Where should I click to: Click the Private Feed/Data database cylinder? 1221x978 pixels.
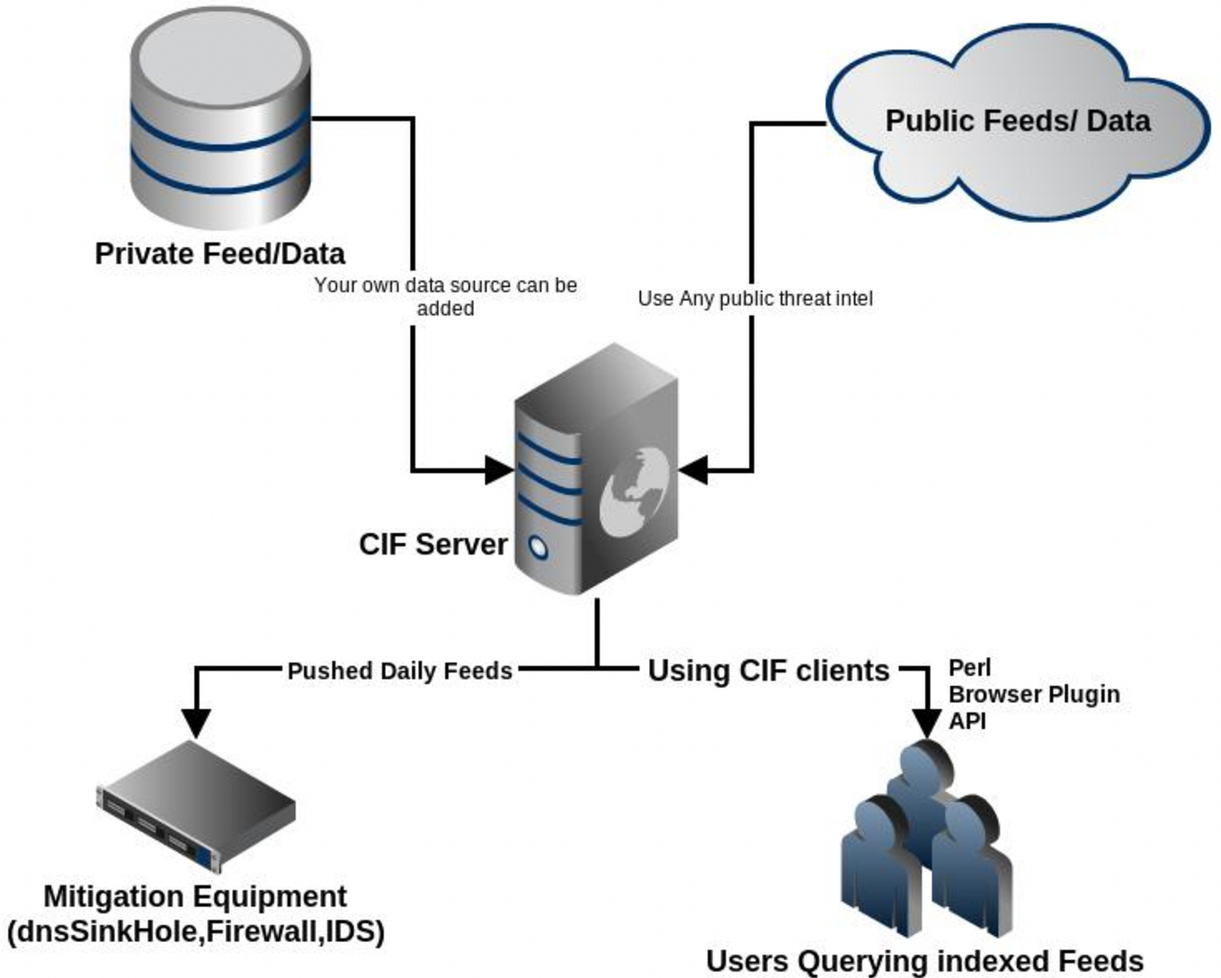220,121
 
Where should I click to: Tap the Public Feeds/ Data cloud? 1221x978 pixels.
1018,121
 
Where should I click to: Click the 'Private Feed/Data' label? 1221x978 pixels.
220,253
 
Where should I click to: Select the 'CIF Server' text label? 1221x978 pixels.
433,544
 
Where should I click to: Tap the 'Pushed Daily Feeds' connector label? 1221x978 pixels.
399,671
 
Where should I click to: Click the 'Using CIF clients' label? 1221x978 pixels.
769,671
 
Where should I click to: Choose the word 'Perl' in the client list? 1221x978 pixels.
969,668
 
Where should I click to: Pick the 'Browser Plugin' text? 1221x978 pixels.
1034,694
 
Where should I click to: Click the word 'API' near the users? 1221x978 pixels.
967,720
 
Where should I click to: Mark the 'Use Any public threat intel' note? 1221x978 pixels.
755,298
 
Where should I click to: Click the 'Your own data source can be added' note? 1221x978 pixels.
445,297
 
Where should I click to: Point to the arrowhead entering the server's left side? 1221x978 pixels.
499,469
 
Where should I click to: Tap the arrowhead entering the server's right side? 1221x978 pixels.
693,469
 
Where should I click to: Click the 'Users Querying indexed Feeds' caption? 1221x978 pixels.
924,960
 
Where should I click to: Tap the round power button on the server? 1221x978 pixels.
538,547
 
